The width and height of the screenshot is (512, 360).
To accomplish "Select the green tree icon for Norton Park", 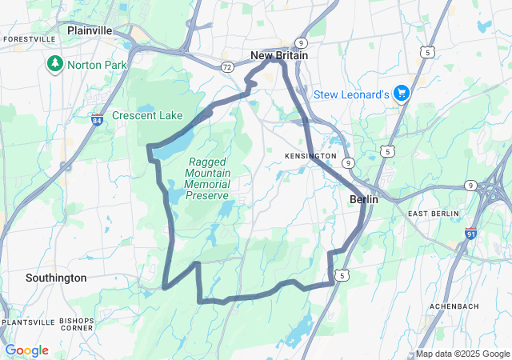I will point(55,62).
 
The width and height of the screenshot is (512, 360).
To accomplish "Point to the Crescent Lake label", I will point(147,116).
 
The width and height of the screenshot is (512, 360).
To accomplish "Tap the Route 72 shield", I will point(228,67).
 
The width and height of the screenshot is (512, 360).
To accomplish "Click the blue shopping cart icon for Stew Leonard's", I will point(402,94).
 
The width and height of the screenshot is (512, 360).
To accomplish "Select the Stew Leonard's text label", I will point(351,94).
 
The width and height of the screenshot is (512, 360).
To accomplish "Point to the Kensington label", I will point(310,155).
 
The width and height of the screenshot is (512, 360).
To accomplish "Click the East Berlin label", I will point(433,214).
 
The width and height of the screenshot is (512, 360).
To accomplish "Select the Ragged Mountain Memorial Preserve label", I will point(207,178).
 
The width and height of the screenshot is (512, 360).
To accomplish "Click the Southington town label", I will point(56,278).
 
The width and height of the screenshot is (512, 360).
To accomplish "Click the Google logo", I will point(26,350).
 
